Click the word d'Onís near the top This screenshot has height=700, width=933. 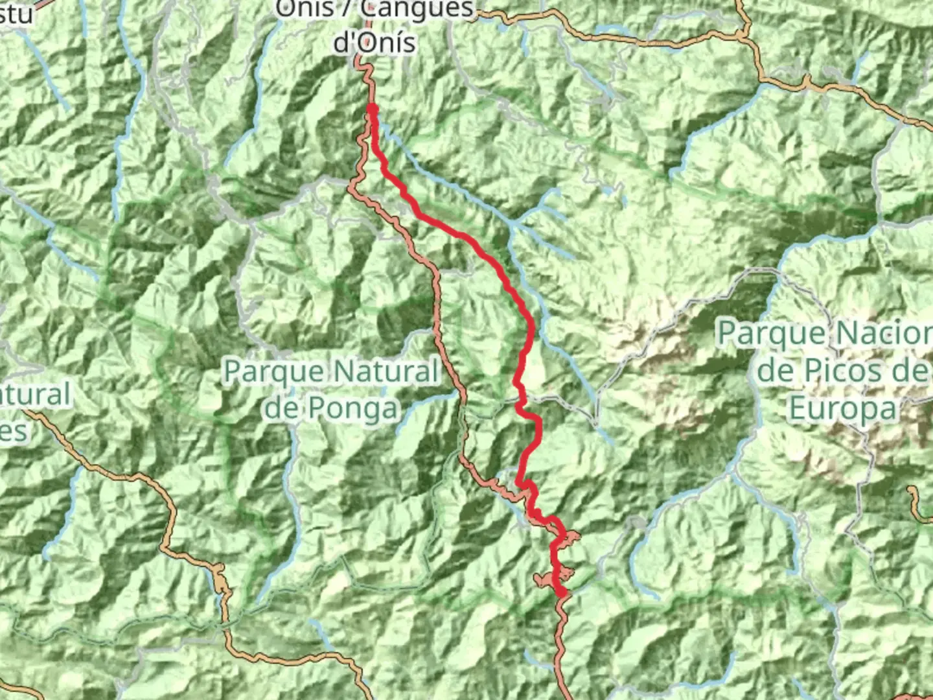point(374,41)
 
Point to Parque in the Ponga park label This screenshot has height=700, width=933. point(272,372)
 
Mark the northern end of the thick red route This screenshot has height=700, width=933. point(372,108)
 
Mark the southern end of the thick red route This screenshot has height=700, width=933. point(561,592)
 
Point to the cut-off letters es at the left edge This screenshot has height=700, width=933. point(13,430)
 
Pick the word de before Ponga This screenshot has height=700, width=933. point(282,408)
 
